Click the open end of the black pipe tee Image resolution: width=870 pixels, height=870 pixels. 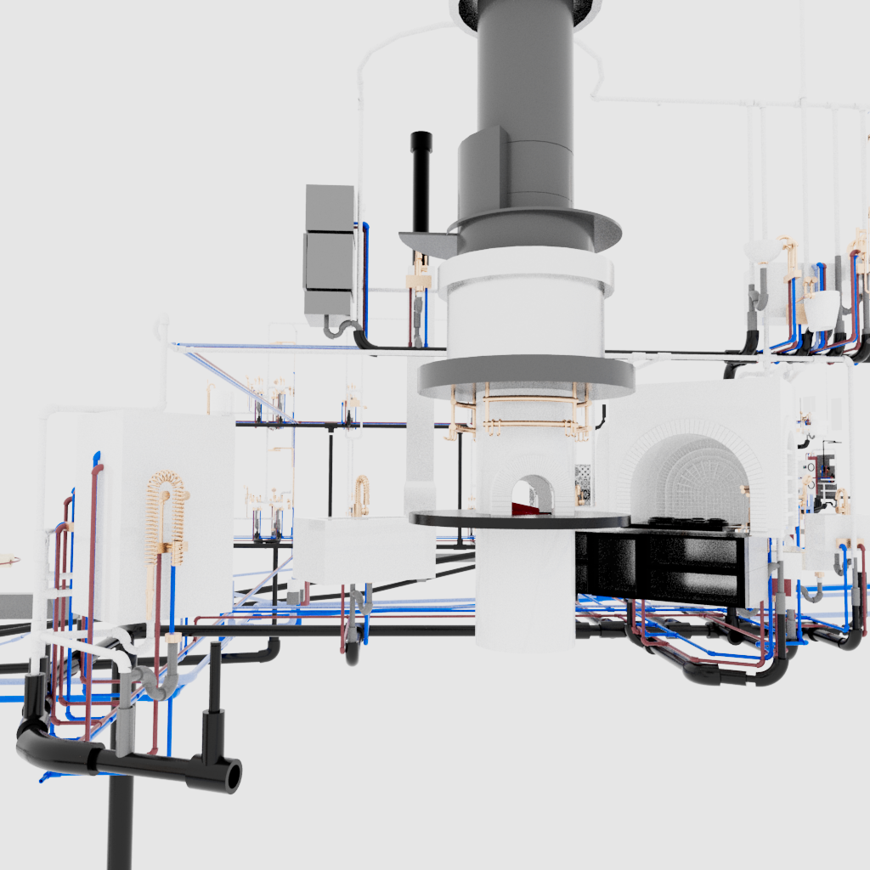(x=231, y=776)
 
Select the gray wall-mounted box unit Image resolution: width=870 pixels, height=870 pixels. (x=329, y=249)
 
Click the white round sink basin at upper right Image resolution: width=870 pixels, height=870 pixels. (x=762, y=250)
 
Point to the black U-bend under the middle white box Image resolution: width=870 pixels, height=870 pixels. (x=353, y=652)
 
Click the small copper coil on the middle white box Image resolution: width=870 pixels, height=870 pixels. (x=362, y=496)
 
